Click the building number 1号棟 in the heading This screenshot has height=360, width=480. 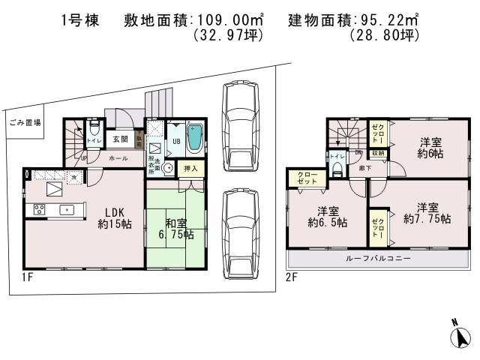click(x=85, y=21)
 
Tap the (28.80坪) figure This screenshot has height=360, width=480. click(x=383, y=35)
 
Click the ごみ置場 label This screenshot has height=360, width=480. click(x=25, y=122)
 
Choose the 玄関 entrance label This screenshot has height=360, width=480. click(x=120, y=139)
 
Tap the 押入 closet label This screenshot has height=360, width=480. click(x=191, y=169)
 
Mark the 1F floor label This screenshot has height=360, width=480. click(x=28, y=277)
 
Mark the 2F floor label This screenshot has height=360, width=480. click(x=292, y=277)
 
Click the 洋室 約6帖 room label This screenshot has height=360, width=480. click(x=430, y=147)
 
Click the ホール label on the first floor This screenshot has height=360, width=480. click(x=118, y=158)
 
